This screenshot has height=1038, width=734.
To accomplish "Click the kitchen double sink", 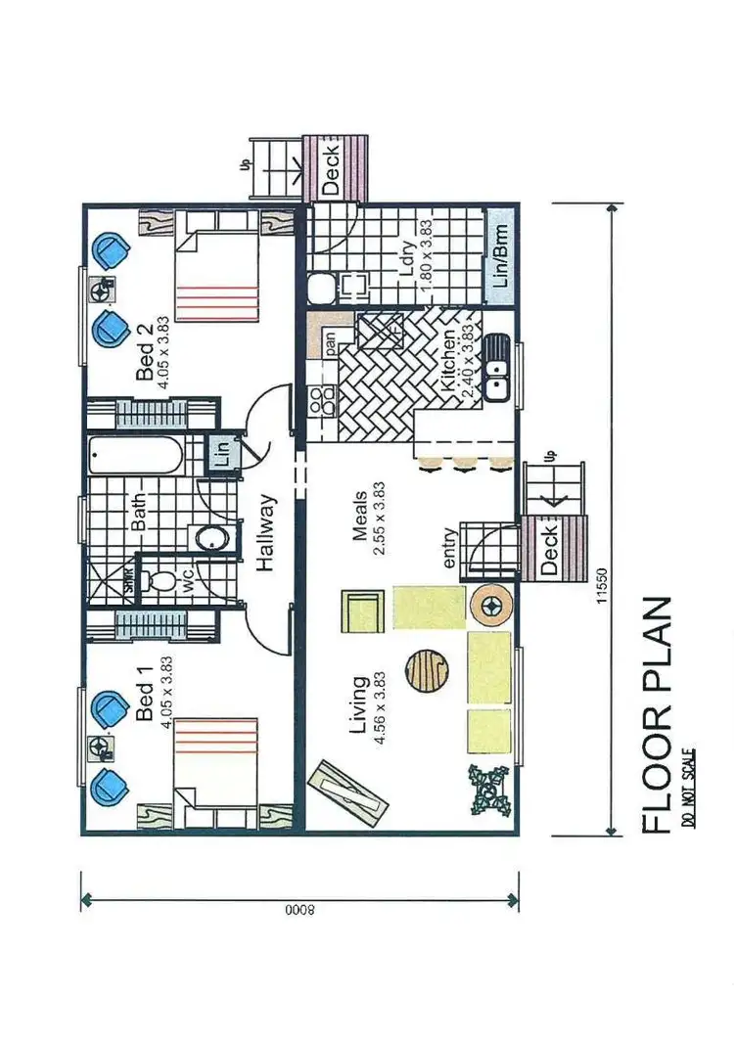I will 497,369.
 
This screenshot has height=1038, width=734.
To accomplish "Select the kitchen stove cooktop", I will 321,399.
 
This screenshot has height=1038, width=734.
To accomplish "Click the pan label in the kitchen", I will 331,342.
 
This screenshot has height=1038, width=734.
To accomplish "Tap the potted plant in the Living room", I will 488,788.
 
